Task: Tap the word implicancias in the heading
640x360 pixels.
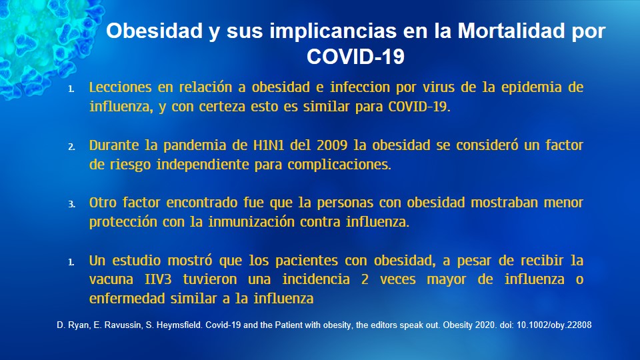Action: point(332,31)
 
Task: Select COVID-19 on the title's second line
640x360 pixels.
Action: point(355,56)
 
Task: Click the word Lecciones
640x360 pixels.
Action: point(121,87)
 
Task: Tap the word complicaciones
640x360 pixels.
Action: point(339,165)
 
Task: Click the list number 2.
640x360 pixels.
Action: point(71,147)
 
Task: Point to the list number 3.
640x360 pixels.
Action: point(71,205)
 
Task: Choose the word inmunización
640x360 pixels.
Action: point(251,222)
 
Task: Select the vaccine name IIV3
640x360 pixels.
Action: point(158,279)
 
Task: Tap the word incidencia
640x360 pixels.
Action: point(316,279)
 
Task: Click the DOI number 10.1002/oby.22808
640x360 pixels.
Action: point(554,325)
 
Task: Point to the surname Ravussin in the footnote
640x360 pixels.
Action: point(123,325)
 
